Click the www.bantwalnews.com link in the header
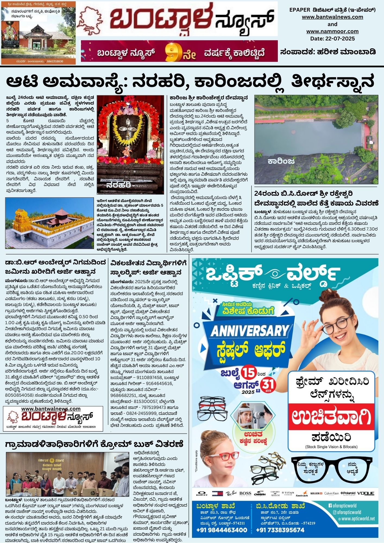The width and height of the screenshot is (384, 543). [332, 17]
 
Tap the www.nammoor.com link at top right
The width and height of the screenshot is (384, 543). [332, 31]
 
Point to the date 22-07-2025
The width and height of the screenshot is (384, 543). [332, 39]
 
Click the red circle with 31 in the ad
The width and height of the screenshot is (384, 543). [268, 385]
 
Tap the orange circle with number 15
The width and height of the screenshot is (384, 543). [249, 372]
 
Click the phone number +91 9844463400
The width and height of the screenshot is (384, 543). [222, 530]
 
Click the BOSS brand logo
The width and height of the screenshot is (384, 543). [245, 493]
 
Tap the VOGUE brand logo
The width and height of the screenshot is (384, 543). [366, 493]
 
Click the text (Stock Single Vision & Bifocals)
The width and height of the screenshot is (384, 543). [331, 447]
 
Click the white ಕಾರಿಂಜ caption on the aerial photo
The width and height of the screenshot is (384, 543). [281, 162]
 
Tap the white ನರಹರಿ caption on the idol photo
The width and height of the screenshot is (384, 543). [119, 185]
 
